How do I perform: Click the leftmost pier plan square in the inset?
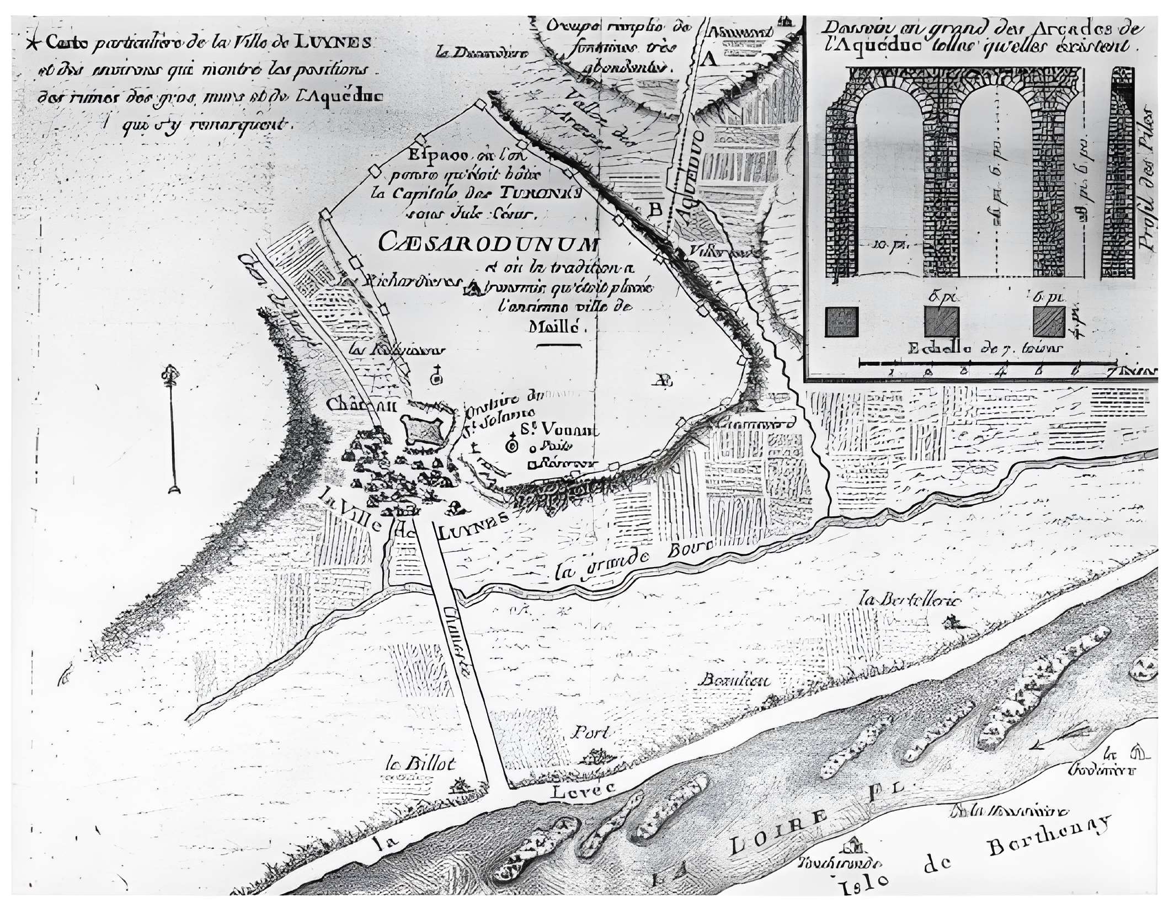[x=841, y=322]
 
